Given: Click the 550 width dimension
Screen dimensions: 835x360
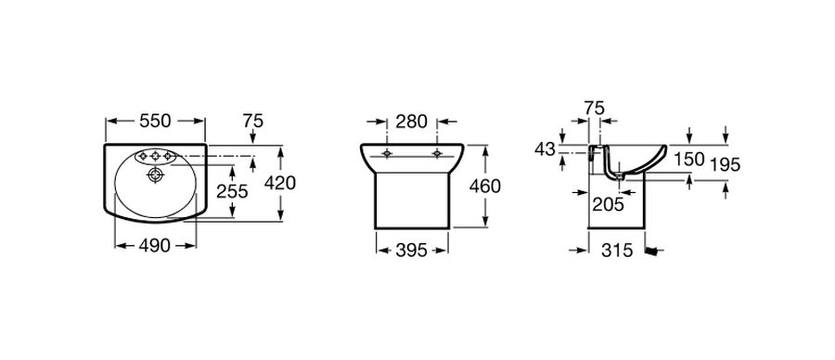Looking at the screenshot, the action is point(155,122).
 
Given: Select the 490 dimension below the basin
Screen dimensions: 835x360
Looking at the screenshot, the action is point(155,246).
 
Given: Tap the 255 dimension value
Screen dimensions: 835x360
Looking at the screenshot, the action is point(232,191).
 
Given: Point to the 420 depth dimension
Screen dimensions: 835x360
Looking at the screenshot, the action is point(280,183).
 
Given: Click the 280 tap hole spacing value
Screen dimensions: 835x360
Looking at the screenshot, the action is point(412,122).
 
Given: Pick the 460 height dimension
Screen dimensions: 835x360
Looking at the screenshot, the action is point(485,186).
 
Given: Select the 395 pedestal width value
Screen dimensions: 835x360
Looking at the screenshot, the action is point(412,250).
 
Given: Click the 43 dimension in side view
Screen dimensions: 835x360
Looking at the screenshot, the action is point(545,149).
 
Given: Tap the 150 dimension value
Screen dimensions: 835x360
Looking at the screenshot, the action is point(689,160).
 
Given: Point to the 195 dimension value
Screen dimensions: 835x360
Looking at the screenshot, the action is point(726,165).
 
